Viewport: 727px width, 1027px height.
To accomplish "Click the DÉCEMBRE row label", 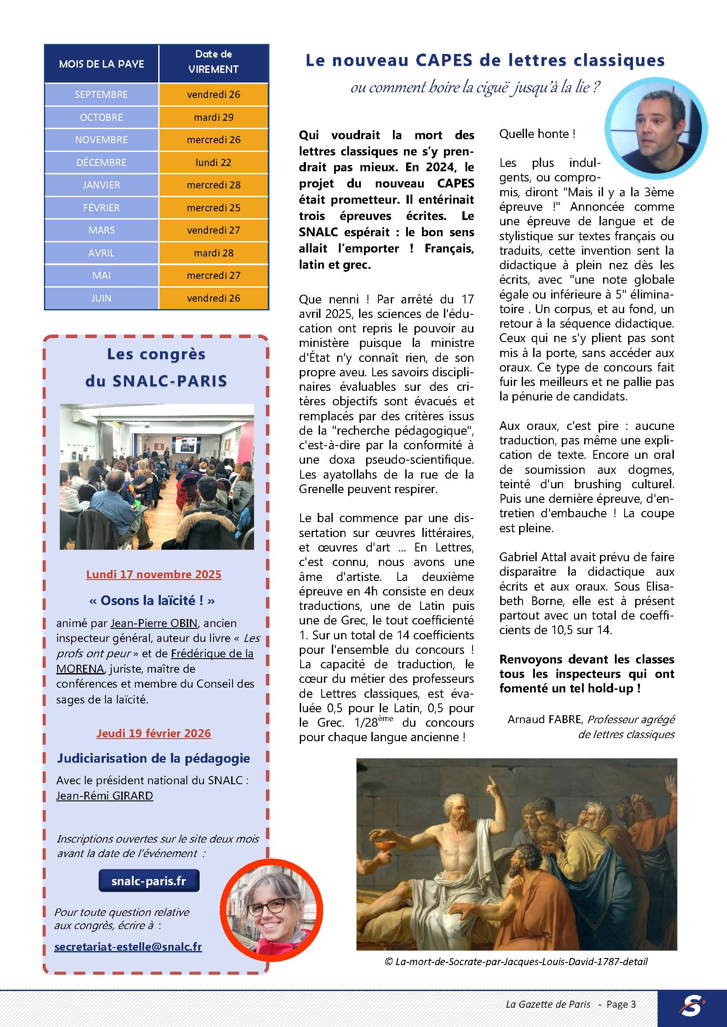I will click(101, 162).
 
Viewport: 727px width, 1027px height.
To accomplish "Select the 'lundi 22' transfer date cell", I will click(214, 162).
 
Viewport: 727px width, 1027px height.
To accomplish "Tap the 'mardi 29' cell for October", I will click(214, 117).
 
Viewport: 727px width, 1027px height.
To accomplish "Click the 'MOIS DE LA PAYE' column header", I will click(102, 64).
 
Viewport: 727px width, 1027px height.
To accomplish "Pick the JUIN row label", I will click(101, 298).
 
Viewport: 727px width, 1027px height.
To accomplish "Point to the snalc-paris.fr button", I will click(149, 881).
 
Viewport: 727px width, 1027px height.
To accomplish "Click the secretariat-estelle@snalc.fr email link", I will click(128, 947).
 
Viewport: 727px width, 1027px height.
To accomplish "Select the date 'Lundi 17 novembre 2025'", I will click(153, 574).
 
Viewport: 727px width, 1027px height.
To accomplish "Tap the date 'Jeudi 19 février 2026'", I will click(153, 733).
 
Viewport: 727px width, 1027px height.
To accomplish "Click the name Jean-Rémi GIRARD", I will click(104, 796).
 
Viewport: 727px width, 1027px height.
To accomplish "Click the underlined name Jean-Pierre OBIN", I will click(154, 623).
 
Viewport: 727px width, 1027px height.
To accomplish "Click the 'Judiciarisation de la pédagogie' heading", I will click(153, 758).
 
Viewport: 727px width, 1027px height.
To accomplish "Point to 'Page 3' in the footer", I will click(621, 1004).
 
